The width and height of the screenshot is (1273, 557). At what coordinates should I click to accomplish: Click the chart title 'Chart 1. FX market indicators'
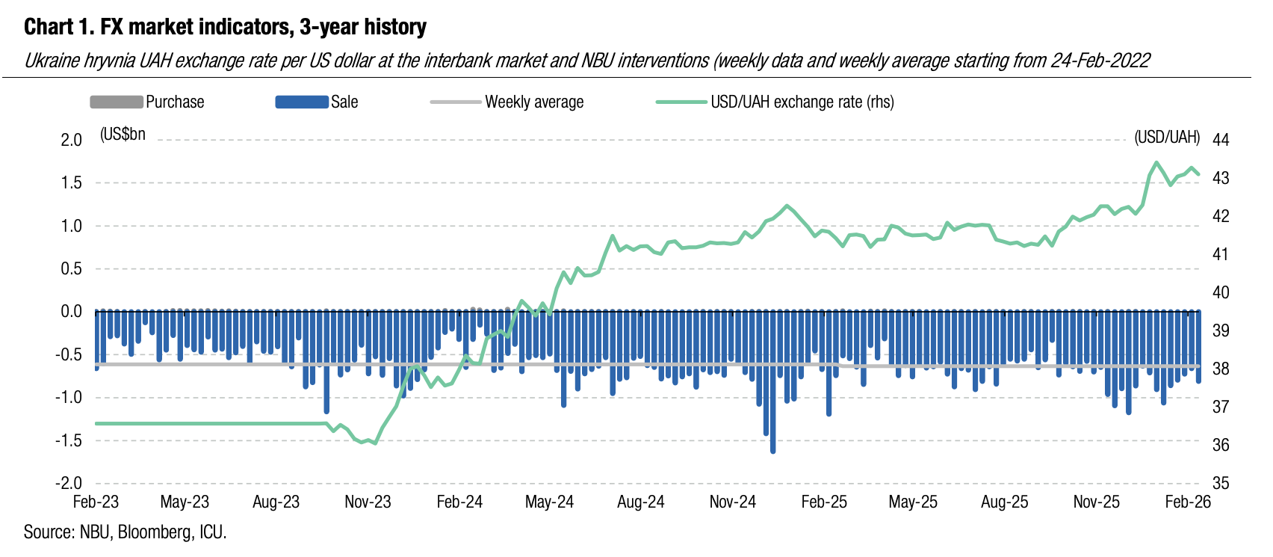tap(225, 28)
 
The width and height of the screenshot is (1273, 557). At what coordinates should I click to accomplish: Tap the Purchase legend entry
tap(174, 102)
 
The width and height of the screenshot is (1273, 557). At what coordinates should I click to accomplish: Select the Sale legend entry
tap(344, 102)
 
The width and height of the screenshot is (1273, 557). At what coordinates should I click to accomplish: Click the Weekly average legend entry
tap(533, 102)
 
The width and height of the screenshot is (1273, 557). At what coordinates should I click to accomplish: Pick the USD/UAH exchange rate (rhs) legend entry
tap(802, 102)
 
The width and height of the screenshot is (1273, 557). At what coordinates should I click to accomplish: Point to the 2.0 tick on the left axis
tap(72, 140)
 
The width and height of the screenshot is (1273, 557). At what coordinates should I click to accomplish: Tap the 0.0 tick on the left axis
tap(72, 312)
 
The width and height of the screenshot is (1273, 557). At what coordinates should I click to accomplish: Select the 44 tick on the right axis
tap(1221, 140)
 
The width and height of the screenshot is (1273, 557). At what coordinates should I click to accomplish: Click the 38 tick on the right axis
tap(1221, 369)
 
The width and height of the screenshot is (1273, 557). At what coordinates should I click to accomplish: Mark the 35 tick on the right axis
tap(1221, 483)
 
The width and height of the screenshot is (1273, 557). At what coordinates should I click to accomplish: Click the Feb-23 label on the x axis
tap(96, 502)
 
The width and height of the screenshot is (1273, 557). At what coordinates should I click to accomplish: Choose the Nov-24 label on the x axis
tap(732, 502)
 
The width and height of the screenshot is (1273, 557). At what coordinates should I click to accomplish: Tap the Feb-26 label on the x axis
tap(1188, 502)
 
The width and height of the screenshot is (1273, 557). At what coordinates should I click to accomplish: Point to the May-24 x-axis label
tap(549, 502)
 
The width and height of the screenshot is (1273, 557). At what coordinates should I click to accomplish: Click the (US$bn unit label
tap(123, 135)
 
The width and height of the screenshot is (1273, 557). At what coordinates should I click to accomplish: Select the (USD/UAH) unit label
tap(1167, 138)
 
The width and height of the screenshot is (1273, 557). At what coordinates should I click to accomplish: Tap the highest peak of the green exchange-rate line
tap(1156, 162)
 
